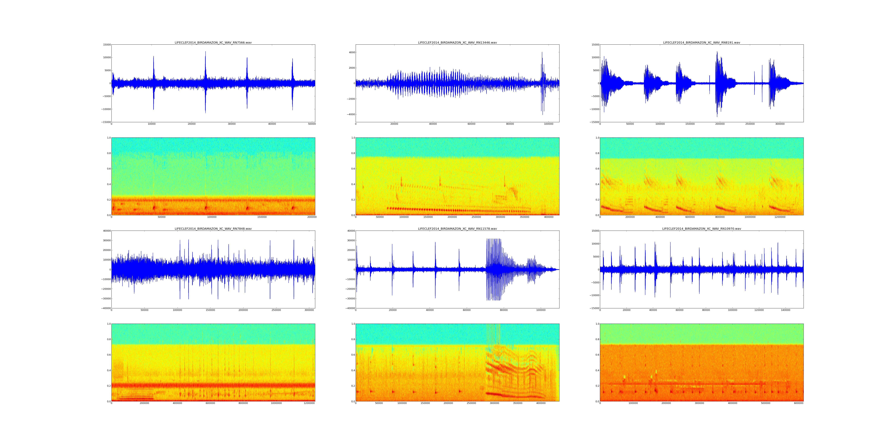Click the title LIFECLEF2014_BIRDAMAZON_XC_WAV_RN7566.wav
pyautogui.click(x=213, y=43)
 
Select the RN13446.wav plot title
pyautogui.click(x=457, y=43)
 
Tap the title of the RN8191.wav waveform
pyautogui.click(x=701, y=43)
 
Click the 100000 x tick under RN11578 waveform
pyautogui.click(x=541, y=310)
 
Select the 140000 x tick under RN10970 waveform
pyautogui.click(x=786, y=310)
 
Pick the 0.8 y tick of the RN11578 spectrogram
pyautogui.click(x=352, y=339)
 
